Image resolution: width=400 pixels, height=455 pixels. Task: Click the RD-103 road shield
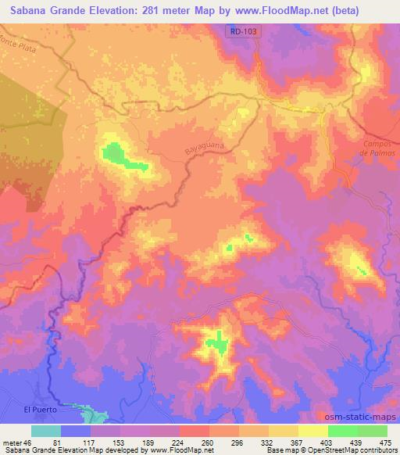click(x=244, y=30)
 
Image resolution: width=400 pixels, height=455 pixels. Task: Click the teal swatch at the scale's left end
click(x=46, y=431)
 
